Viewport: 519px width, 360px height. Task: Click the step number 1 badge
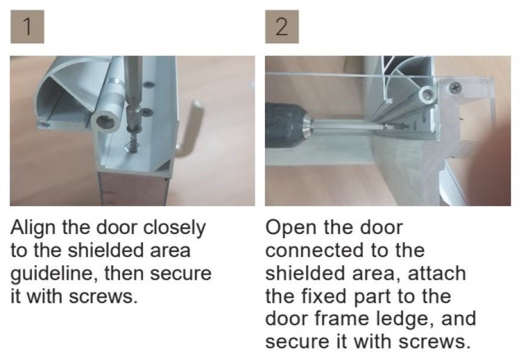[x=27, y=27]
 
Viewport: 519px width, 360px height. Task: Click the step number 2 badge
[x=282, y=27]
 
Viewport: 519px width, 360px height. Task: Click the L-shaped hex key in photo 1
[x=189, y=129]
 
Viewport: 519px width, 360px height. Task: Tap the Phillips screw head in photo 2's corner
[x=456, y=87]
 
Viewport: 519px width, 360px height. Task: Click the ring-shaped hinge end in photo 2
[x=426, y=95]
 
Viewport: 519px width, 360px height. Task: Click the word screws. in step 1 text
[x=103, y=297]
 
